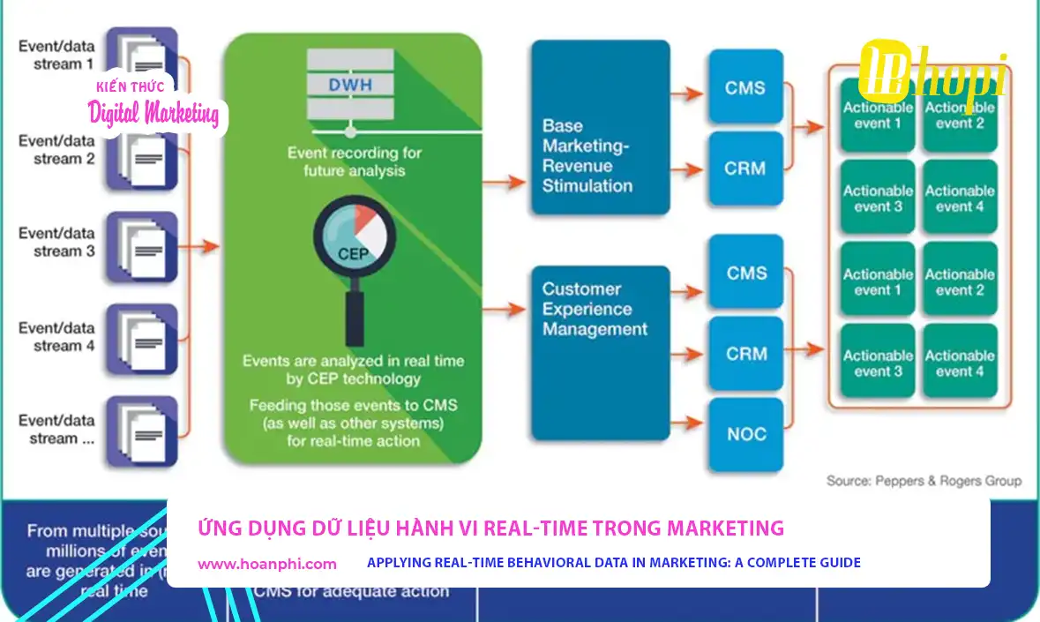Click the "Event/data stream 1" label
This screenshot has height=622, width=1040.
tap(56, 55)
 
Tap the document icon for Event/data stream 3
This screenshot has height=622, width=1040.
tap(141, 247)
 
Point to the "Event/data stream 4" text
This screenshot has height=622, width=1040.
tap(56, 337)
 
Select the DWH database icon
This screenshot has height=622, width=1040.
tap(351, 86)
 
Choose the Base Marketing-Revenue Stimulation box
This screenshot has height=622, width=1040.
tap(587, 128)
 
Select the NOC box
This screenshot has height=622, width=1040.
tap(746, 434)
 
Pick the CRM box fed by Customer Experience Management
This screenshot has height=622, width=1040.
tap(746, 354)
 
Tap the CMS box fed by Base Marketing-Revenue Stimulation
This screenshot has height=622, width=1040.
tap(745, 88)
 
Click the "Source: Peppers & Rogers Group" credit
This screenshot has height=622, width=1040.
tap(924, 481)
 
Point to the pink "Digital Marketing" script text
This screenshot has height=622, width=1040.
tap(154, 113)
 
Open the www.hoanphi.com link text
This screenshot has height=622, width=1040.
tap(267, 563)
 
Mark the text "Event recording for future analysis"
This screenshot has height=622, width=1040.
tap(355, 161)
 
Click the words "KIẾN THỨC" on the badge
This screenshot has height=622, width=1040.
tap(130, 85)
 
